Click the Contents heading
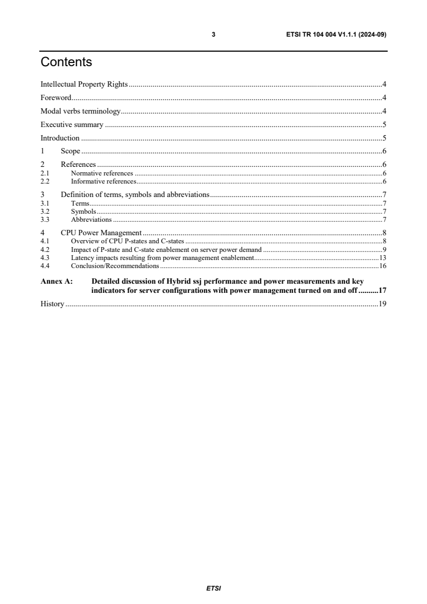(x=66, y=62)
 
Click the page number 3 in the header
(x=214, y=34)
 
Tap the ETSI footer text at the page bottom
(x=214, y=588)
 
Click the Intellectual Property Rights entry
(x=84, y=84)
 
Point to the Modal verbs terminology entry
(x=80, y=111)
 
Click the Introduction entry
(x=60, y=138)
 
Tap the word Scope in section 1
(x=70, y=151)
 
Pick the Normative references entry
(x=102, y=173)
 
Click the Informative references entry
(x=103, y=181)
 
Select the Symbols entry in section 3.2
(x=83, y=212)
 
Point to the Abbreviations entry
(x=91, y=220)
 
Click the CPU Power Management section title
(x=101, y=233)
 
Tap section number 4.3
(x=45, y=258)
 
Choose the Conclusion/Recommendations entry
(x=115, y=266)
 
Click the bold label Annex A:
(x=57, y=281)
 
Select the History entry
(x=53, y=304)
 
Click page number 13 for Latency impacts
(x=383, y=258)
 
